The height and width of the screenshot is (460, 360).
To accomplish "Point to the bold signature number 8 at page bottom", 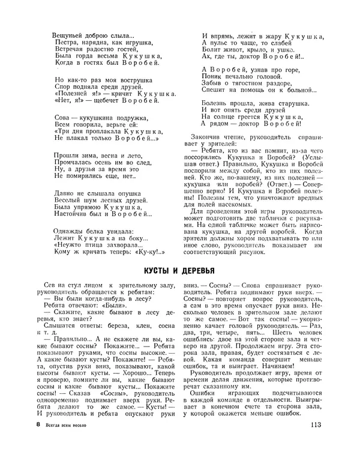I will tap(38, 443).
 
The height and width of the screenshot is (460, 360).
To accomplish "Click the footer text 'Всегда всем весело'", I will tap(73, 443).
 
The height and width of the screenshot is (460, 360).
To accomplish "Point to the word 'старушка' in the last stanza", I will tap(288, 104).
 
